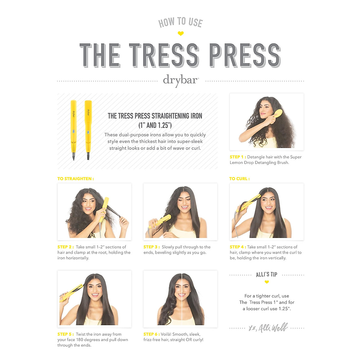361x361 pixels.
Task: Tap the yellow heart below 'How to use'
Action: [180, 33]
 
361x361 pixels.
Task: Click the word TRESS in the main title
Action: [164, 55]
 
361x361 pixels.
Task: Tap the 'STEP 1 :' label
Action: [238, 157]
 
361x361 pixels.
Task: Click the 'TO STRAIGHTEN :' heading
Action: [76, 179]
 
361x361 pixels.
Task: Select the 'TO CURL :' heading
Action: [239, 179]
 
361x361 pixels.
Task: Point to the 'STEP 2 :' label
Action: [65, 247]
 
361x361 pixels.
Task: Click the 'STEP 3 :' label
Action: [151, 247]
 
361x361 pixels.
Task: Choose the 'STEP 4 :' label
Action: [238, 247]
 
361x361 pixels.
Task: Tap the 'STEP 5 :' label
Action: [65, 334]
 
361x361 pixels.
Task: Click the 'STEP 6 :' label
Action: [151, 334]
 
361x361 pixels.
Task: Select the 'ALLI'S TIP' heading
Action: [267, 274]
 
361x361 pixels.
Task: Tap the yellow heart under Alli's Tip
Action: [267, 282]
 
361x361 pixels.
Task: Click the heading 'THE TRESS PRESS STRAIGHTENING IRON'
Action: [155, 116]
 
